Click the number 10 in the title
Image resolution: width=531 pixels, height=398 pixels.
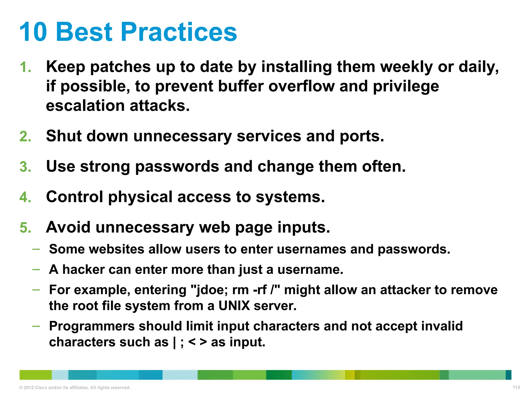pos(33,32)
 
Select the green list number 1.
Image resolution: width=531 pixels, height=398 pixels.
pos(25,67)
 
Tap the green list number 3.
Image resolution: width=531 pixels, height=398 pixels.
pos(25,167)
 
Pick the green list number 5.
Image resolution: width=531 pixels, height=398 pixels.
pos(25,228)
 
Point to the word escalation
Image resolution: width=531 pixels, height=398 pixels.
pos(85,106)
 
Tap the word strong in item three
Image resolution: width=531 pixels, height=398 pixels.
pos(105,167)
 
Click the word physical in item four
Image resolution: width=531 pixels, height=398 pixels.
pos(140,197)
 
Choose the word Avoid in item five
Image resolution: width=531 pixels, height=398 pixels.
pos(68,227)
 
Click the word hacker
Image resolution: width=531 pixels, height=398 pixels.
pos(83,269)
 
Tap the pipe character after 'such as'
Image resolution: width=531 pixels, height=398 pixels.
pos(174,342)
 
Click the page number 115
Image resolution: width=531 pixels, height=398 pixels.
pos(516,387)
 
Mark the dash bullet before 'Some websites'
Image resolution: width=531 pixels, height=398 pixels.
pos(36,249)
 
